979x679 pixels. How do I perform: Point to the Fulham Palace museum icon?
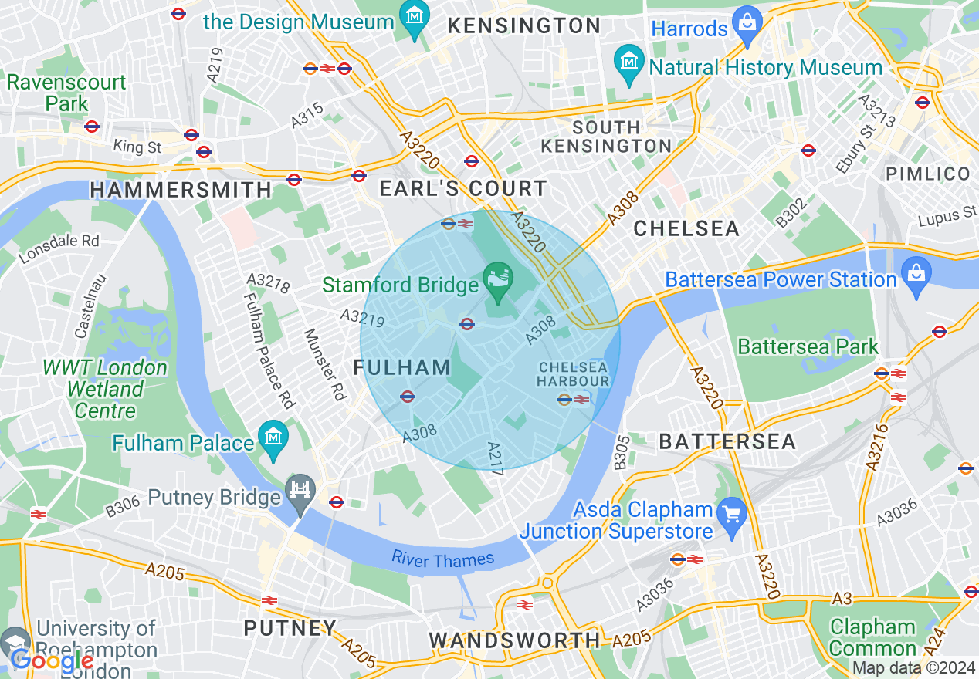pyautogui.click(x=273, y=435)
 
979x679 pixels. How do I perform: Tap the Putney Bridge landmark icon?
pyautogui.click(x=300, y=489)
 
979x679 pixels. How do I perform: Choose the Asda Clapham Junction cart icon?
pyautogui.click(x=730, y=512)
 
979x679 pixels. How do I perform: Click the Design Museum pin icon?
pyautogui.click(x=415, y=14)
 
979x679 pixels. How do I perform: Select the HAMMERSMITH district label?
pyautogui.click(x=181, y=190)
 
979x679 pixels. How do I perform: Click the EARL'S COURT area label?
pyautogui.click(x=463, y=188)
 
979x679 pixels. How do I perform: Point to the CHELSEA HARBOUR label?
pyautogui.click(x=574, y=374)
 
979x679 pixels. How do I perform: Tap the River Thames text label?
pyautogui.click(x=442, y=559)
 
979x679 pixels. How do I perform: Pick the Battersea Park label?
pyautogui.click(x=808, y=347)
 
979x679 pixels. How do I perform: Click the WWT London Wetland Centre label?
pyautogui.click(x=105, y=389)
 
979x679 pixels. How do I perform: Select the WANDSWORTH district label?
pyautogui.click(x=514, y=640)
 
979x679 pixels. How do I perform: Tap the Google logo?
pyautogui.click(x=53, y=660)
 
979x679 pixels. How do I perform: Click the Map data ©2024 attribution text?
pyautogui.click(x=913, y=668)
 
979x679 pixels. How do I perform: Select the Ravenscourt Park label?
pyautogui.click(x=66, y=92)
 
